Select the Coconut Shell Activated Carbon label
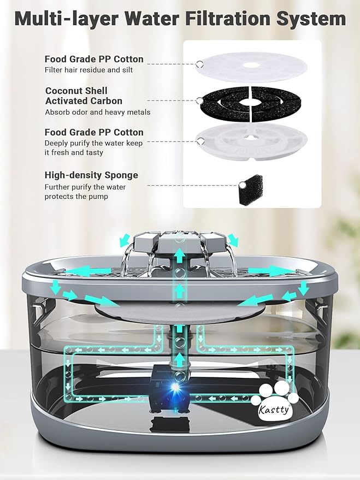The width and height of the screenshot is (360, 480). click(x=84, y=96)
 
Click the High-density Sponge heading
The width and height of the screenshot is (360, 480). click(x=91, y=175)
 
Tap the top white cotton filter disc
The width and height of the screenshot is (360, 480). click(x=251, y=67)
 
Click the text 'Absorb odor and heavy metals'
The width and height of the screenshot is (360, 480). click(x=97, y=112)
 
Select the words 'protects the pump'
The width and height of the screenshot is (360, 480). click(x=76, y=197)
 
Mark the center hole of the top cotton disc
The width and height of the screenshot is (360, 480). click(x=251, y=66)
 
